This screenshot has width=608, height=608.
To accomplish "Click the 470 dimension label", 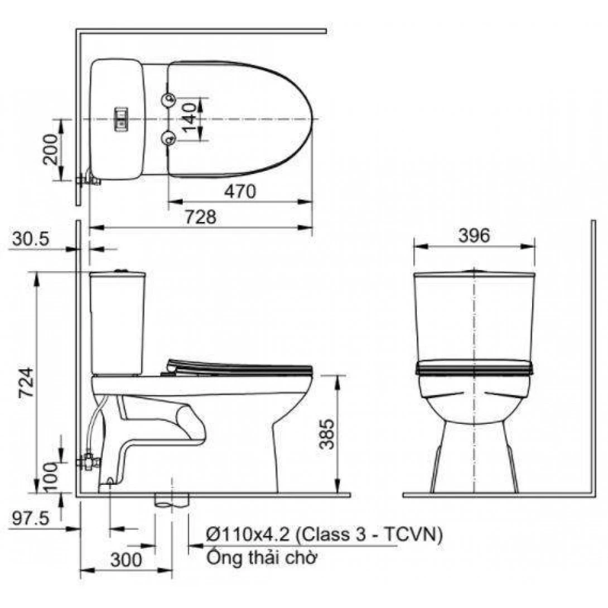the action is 240,191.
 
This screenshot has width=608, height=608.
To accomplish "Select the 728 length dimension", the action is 200,217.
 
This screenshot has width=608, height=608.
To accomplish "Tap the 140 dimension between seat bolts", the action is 190,118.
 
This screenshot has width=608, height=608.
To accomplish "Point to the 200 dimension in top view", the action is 50,149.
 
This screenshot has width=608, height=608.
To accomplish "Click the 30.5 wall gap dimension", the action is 31,239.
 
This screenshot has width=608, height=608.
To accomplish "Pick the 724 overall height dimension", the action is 27,382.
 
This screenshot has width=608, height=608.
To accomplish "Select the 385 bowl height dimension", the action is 326,433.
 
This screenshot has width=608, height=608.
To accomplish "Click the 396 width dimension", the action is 474,235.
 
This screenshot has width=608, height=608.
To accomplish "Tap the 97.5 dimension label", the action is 31,518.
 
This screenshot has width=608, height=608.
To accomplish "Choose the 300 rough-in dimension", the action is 126,560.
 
